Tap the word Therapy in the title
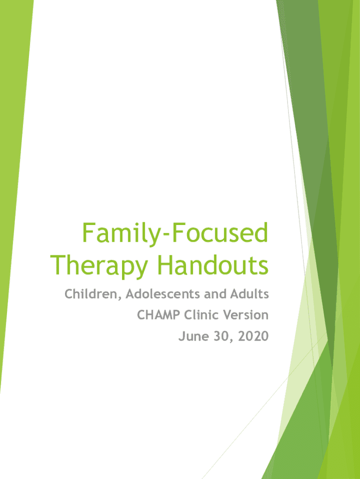click(x=99, y=266)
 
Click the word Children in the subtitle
click(x=91, y=294)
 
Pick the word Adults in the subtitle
click(x=250, y=294)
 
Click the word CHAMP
click(x=158, y=315)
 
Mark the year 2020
click(x=253, y=336)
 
